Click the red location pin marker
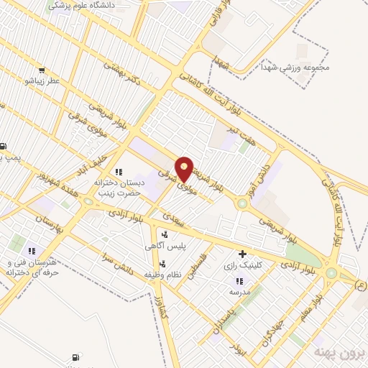[x=185, y=168]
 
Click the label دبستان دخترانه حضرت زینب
[x=120, y=188]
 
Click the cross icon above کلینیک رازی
[x=243, y=254]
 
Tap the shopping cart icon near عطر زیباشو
[x=42, y=70]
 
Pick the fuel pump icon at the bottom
[x=75, y=357]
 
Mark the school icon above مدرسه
[x=239, y=282]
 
